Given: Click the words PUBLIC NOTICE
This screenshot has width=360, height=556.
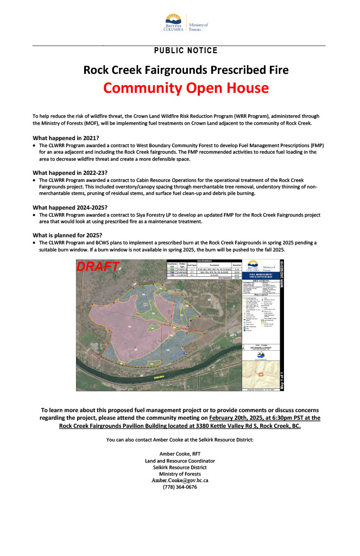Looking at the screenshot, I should click(x=186, y=50).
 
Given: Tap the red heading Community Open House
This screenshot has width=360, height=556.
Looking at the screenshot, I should click(x=186, y=87).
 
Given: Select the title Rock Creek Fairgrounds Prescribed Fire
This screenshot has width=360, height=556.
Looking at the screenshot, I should click(x=186, y=69).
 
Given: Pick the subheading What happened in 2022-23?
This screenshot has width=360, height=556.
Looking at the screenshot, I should click(x=70, y=173).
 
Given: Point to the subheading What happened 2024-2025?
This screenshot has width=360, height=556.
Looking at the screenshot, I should click(x=70, y=207).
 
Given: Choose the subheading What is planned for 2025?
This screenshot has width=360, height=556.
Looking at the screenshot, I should click(x=67, y=235).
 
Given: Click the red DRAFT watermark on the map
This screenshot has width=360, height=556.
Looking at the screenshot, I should click(x=98, y=267).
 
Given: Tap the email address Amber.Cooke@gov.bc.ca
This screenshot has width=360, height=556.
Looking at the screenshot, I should click(x=180, y=480).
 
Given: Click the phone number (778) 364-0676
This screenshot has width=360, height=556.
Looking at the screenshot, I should click(x=180, y=487).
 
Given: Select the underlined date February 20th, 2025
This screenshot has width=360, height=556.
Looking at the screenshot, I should click(x=244, y=418).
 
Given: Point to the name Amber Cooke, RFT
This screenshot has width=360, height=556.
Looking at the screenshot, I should click(x=180, y=453).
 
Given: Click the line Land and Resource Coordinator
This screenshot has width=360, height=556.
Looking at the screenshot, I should click(x=180, y=460).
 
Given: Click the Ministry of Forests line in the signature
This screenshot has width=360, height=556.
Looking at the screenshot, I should click(x=180, y=473).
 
